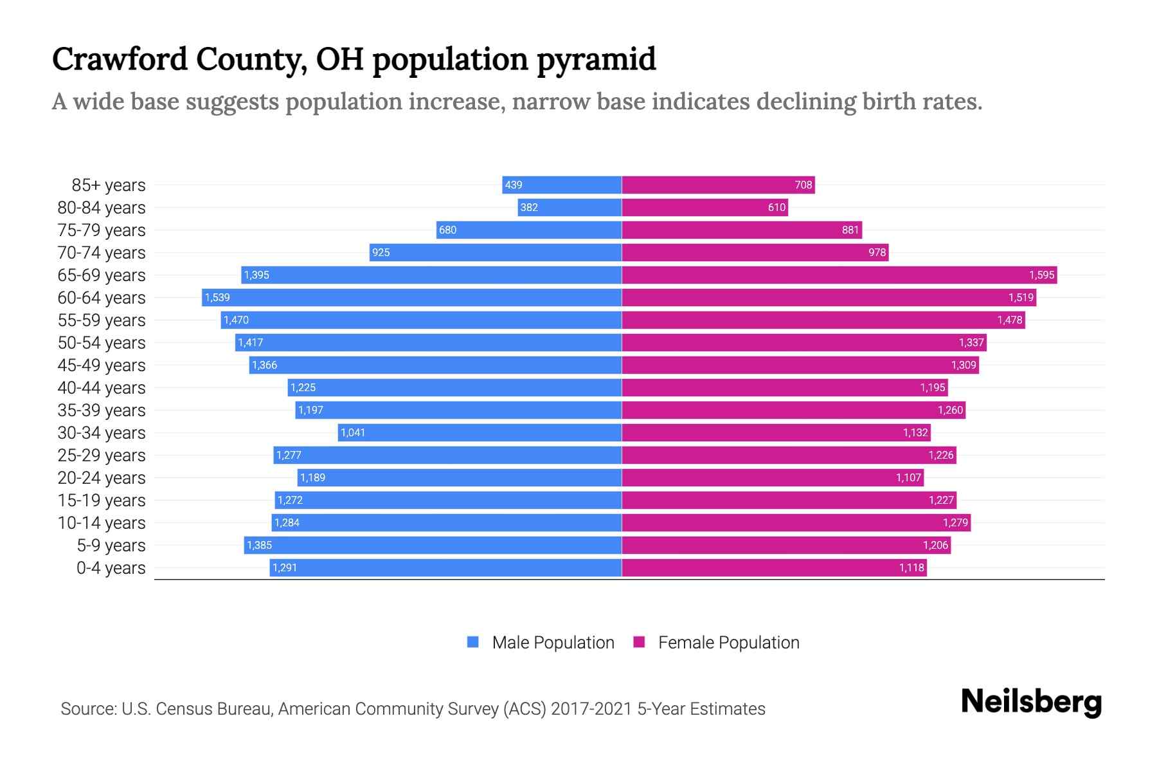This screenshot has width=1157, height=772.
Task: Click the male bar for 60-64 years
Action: [x=411, y=297]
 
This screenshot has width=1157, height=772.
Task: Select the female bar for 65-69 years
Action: [x=839, y=275]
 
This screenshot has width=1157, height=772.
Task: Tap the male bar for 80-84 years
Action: [x=570, y=207]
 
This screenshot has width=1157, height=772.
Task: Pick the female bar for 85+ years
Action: [x=718, y=185]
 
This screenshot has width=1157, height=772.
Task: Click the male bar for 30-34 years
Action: [x=480, y=432]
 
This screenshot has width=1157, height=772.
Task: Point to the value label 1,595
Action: [x=1041, y=275]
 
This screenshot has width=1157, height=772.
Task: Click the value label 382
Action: [x=529, y=207]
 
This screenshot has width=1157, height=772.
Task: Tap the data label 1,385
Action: [x=259, y=545]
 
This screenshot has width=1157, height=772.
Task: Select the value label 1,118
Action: [x=911, y=567]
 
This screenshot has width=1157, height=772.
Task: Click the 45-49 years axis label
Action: [x=102, y=365]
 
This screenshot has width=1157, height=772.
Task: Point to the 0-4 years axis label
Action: [x=111, y=567]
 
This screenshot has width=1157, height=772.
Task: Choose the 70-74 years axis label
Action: [x=102, y=252]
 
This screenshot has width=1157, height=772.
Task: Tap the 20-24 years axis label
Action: [x=102, y=477]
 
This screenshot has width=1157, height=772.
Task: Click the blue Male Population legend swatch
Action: [x=473, y=642]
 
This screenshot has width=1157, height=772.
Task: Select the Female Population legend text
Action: [x=728, y=642]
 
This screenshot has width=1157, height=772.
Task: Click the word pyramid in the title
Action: [x=596, y=59]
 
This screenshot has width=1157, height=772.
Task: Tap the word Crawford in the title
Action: [x=120, y=59]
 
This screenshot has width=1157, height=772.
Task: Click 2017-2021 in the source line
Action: [x=591, y=709]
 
